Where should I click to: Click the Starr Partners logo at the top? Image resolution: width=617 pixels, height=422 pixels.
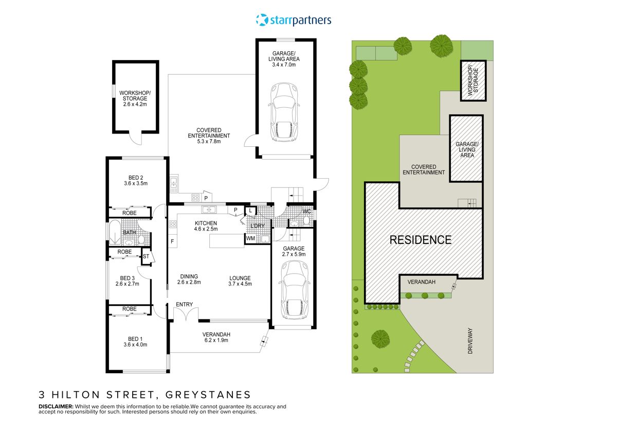pos(294,20)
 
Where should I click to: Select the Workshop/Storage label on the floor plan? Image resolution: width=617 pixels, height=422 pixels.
pos(135,99)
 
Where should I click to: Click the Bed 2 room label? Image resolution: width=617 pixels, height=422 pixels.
pos(136,180)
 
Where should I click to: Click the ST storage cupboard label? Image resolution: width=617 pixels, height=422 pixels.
pos(146,256)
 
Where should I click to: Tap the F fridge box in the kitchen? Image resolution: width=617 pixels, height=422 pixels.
pos(172,241)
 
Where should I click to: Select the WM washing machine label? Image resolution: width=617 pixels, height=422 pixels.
pos(251,238)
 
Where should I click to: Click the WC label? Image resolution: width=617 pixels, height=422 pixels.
pos(307,212)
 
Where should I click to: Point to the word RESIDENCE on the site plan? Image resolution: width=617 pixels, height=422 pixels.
pos(421,240)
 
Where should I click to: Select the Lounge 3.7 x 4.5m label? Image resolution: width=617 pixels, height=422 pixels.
pos(240,281)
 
